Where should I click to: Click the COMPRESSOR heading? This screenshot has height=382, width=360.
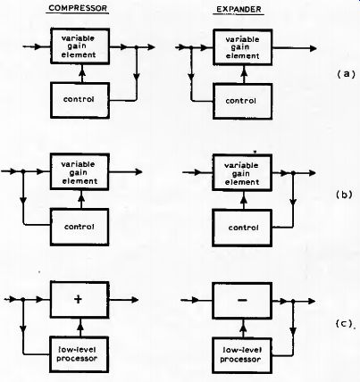[x=78, y=8]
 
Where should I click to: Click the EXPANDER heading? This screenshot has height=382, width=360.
[x=239, y=9]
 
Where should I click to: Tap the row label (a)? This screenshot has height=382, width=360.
[x=346, y=74]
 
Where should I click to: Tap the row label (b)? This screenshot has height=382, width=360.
[x=345, y=195]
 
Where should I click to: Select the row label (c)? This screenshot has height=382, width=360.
[x=344, y=323]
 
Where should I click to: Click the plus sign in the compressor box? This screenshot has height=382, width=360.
[x=78, y=299]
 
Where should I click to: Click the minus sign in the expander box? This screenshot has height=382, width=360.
[x=242, y=300]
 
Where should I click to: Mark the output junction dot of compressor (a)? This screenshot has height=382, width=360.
[x=137, y=47]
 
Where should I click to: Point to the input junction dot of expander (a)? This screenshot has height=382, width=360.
[x=191, y=47]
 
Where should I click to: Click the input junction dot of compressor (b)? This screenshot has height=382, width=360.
[x=23, y=171]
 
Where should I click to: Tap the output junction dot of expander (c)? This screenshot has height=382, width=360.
[x=293, y=302]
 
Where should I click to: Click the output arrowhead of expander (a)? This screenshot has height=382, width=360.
[x=313, y=48]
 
